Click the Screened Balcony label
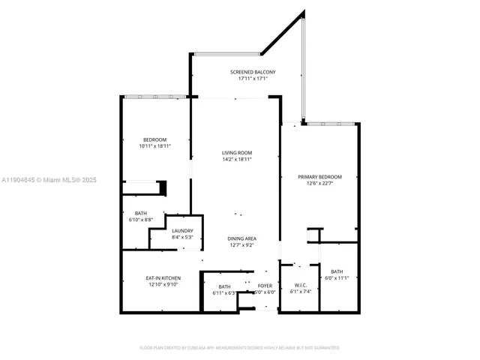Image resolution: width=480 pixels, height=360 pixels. (247, 72)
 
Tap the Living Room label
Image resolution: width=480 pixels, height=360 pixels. (236, 153)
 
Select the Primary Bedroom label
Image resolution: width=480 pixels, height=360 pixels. (319, 177)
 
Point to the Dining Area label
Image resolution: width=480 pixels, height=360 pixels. (241, 238)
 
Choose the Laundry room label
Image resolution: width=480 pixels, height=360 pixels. (182, 231)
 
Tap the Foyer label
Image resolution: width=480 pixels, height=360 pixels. (265, 286)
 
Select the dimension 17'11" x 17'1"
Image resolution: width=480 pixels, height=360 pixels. (247, 78)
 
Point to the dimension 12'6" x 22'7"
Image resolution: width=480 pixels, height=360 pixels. (319, 183)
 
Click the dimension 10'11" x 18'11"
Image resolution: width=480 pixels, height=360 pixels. (155, 146)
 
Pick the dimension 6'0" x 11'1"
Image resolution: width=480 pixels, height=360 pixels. (337, 278)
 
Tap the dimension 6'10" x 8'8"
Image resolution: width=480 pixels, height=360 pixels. (141, 219)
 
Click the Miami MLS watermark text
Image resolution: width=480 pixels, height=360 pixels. (49, 180)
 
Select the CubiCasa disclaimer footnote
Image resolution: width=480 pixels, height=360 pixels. (240, 348)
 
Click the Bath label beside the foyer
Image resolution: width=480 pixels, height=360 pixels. (224, 286)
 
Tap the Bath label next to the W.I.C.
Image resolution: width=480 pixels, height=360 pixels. (337, 271)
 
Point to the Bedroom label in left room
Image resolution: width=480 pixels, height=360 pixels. (155, 140)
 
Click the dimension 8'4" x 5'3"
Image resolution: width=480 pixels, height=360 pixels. (182, 237)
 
